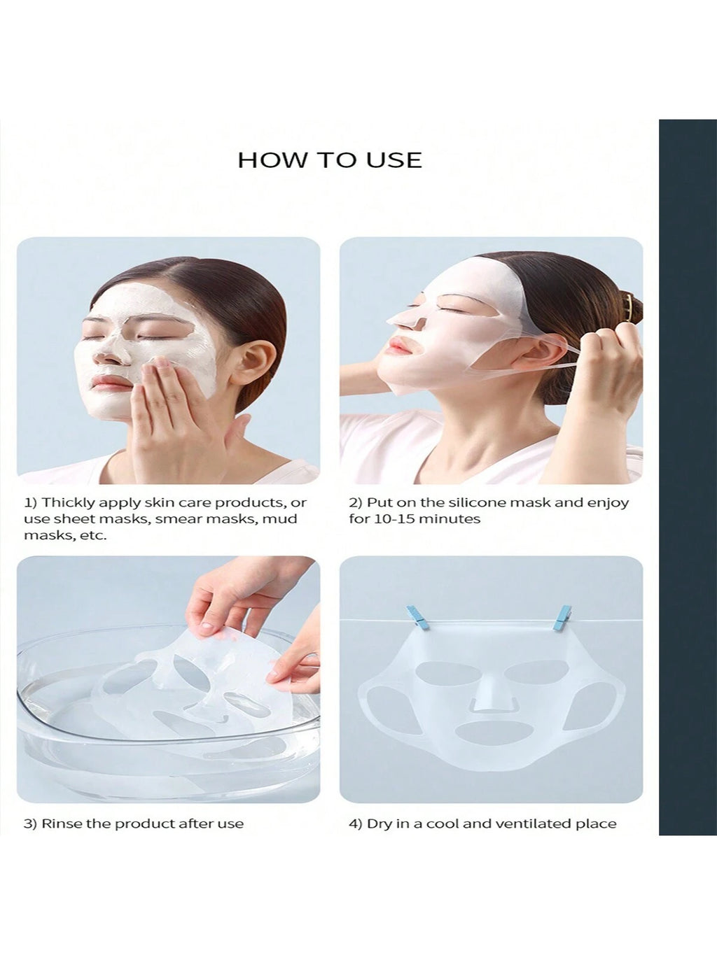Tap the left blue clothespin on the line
click(418, 618)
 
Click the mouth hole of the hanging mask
click(492, 733)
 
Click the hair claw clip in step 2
click(629, 309)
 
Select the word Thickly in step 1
click(64, 504)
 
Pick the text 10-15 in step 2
click(391, 519)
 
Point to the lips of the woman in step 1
click(108, 383)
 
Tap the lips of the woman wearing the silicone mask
click(399, 347)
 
